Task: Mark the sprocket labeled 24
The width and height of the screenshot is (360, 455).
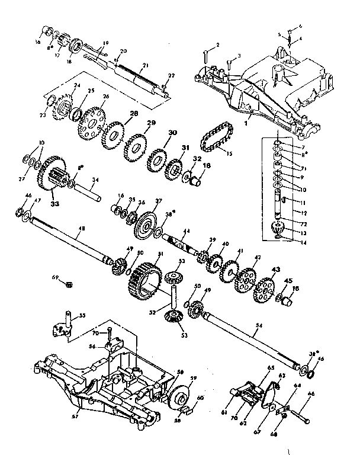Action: [x=63, y=110]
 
